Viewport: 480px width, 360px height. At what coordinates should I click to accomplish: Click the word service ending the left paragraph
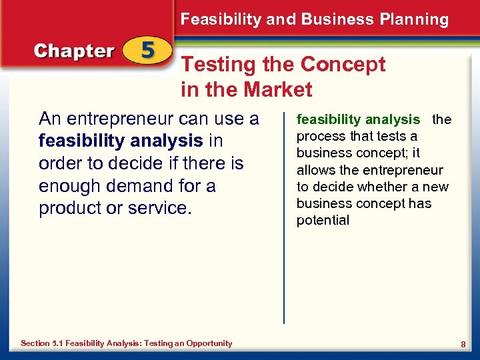tap(159, 207)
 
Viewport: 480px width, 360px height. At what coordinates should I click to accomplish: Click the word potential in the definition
tap(323, 221)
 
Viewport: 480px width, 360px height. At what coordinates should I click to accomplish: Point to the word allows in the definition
tap(315, 170)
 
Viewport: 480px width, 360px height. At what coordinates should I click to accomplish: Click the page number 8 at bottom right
tap(463, 343)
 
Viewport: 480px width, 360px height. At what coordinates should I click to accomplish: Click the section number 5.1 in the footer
tap(57, 343)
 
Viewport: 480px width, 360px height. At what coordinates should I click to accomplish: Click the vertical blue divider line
tap(284, 220)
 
